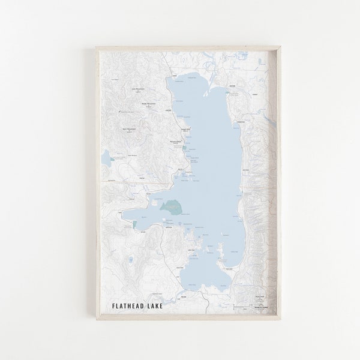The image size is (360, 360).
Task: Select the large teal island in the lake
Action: [170, 206]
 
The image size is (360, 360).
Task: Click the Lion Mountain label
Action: [139, 89]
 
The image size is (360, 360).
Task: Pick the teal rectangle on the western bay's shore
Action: [135, 223]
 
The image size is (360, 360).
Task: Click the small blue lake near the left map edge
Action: [106, 160]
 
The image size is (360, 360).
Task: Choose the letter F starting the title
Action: [114, 307]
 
